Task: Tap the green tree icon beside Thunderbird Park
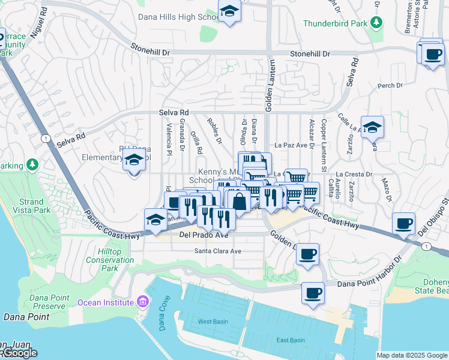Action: tap(376, 23)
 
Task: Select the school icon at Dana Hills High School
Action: tap(229, 12)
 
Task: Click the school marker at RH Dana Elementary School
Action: tap(134, 161)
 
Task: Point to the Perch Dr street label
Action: tap(390, 86)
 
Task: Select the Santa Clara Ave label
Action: tap(217, 251)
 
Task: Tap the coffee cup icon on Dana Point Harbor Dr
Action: tap(313, 293)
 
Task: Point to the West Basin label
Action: tap(213, 322)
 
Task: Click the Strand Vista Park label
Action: tap(31, 206)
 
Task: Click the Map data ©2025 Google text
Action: tap(412, 355)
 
